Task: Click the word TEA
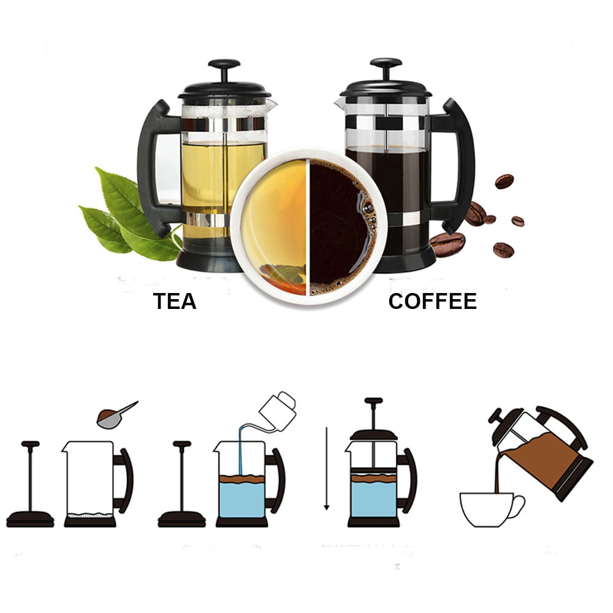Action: tap(175, 301)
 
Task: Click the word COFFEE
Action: tap(432, 301)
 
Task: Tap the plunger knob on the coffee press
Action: tap(386, 64)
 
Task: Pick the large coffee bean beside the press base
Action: tap(447, 244)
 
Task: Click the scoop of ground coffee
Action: tap(110, 417)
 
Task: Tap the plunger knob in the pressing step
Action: tap(373, 402)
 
